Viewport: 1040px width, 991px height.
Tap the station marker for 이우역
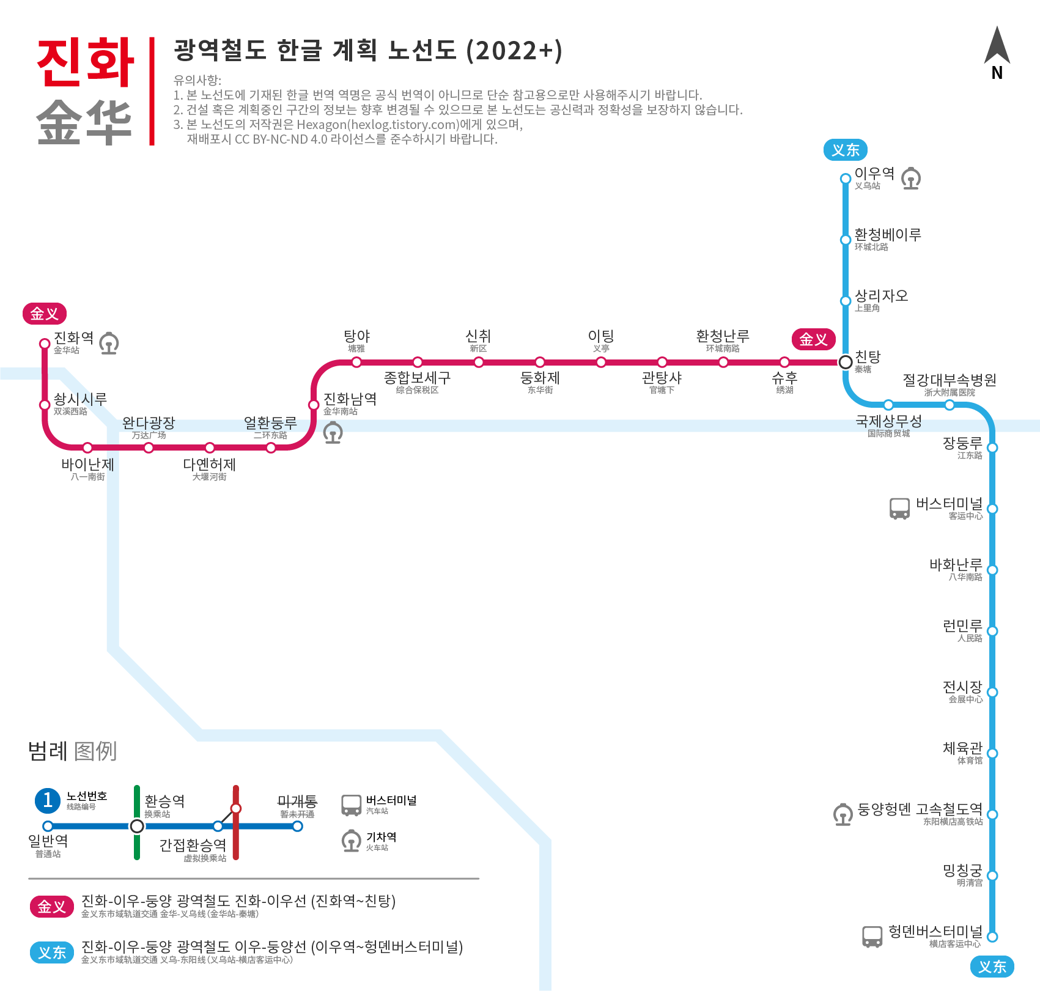coord(846,179)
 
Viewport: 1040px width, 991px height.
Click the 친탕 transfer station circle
coord(846,362)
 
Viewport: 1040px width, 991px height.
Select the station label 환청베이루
coord(887,235)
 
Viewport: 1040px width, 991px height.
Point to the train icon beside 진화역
coord(109,343)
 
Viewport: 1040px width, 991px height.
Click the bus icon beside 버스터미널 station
coord(899,508)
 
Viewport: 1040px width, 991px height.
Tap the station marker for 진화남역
coord(314,405)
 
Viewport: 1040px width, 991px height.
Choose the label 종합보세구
coord(417,378)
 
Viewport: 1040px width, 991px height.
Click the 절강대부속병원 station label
coord(950,380)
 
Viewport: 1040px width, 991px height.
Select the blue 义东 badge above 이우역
coord(846,150)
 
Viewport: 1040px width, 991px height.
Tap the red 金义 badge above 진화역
coord(45,314)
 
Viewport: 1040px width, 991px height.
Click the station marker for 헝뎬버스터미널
coord(992,937)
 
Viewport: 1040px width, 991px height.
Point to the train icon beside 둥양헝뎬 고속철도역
coord(843,814)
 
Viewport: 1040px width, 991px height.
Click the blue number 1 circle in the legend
coord(48,800)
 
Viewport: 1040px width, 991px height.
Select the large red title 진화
coord(86,62)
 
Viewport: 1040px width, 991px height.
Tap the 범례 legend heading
coord(48,751)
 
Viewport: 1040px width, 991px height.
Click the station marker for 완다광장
coord(149,448)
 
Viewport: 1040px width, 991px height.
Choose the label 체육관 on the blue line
coord(962,748)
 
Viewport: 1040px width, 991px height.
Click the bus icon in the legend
coord(351,805)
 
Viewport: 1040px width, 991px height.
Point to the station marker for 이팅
coord(601,362)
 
